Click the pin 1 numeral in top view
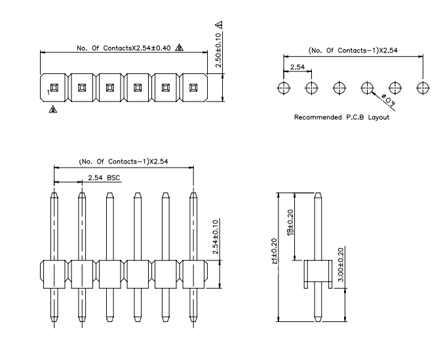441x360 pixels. coord(48,92)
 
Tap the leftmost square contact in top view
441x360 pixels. coord(54,88)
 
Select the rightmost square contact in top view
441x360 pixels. coord(193,88)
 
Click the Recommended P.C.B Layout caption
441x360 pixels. coord(341,117)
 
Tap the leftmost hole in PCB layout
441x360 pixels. coord(283,87)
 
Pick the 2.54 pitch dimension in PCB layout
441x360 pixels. coord(297,67)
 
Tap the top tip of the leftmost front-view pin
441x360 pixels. coord(54,193)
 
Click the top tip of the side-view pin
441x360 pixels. coord(318,194)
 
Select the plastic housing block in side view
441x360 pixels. coord(317,273)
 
